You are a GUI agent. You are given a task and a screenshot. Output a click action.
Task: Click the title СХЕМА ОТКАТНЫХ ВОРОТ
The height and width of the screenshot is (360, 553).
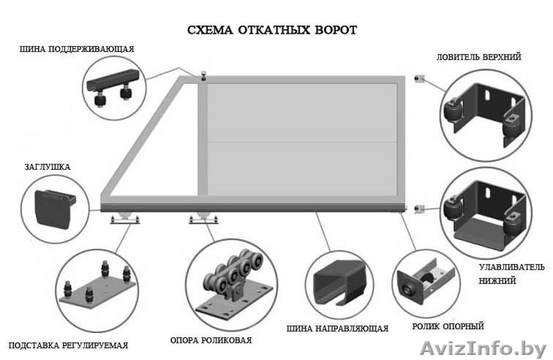point(272,30)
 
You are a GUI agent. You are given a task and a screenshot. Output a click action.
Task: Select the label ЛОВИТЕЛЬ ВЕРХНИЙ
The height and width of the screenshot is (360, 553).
point(478,57)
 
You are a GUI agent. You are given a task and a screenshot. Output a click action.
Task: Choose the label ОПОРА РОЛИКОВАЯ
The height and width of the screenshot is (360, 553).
point(210,340)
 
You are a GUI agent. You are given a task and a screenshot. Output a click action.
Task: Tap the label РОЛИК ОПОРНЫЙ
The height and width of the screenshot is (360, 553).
point(449,326)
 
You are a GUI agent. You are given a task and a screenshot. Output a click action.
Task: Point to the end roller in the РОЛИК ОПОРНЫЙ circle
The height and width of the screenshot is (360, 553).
point(411,287)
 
